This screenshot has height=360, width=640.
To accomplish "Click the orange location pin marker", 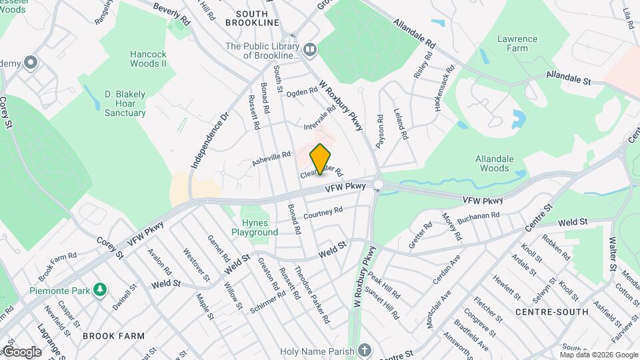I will point(321,159).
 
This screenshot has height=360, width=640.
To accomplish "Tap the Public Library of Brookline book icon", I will point(310,50).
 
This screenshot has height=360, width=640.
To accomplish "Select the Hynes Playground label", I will point(255,227).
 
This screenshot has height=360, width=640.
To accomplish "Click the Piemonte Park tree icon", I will point(100,289).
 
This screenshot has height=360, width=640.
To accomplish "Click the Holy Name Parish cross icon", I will point(364,349).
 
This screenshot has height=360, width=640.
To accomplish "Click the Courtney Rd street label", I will point(323,213).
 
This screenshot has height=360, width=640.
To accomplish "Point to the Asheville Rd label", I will point(272,158).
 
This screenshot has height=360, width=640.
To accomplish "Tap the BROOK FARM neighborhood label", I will point(113,336).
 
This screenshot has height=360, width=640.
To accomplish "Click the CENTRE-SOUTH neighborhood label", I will point(552,311).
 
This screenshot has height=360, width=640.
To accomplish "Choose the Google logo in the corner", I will point(21,351).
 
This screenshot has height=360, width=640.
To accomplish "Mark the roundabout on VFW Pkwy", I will point(379,185).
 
